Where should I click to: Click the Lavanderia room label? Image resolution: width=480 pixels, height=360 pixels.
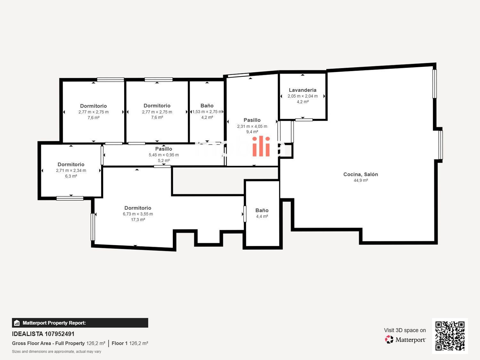302,90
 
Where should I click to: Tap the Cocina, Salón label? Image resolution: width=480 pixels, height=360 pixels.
361,174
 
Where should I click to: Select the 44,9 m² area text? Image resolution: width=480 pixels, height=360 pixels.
361,180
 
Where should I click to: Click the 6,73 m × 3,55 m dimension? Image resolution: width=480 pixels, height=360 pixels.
138,214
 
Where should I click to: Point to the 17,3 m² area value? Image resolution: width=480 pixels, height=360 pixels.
138,220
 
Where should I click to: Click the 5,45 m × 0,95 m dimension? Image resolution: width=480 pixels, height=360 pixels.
164,155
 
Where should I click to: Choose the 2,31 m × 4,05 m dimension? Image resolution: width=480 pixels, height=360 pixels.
252,126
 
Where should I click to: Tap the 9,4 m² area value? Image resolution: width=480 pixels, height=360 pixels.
252,132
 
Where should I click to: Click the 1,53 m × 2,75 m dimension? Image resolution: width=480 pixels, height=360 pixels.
207,112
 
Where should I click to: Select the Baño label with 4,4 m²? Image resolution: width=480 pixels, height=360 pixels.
262,210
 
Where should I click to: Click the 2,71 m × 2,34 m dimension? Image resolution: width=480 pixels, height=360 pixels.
71,171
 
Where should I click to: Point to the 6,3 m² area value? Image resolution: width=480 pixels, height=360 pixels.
71,176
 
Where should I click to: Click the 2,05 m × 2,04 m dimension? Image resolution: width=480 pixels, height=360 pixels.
302,96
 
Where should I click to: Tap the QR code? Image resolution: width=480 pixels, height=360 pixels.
450,336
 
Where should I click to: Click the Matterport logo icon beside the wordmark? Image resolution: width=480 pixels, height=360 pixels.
389,340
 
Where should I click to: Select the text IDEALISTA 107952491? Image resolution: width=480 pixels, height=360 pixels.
43,334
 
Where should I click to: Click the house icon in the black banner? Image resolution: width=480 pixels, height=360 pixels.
17,323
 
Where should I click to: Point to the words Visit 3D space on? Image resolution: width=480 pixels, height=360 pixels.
405,330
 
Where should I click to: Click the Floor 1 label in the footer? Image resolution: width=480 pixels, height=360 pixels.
119,343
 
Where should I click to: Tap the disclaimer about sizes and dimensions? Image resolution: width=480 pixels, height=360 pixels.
56,352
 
